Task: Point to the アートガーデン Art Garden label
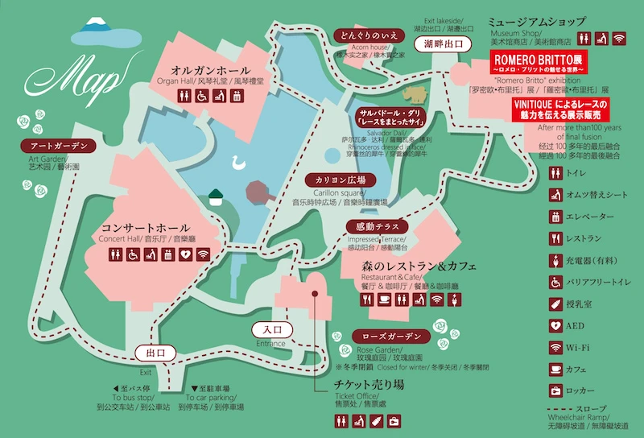[x=57, y=147]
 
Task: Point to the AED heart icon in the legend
[x=555, y=325]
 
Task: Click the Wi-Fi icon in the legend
[x=555, y=347]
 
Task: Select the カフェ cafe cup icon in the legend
[x=555, y=369]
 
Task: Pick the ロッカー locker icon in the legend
[x=555, y=391]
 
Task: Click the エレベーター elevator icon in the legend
[x=555, y=217]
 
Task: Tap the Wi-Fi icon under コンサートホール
[x=203, y=254]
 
